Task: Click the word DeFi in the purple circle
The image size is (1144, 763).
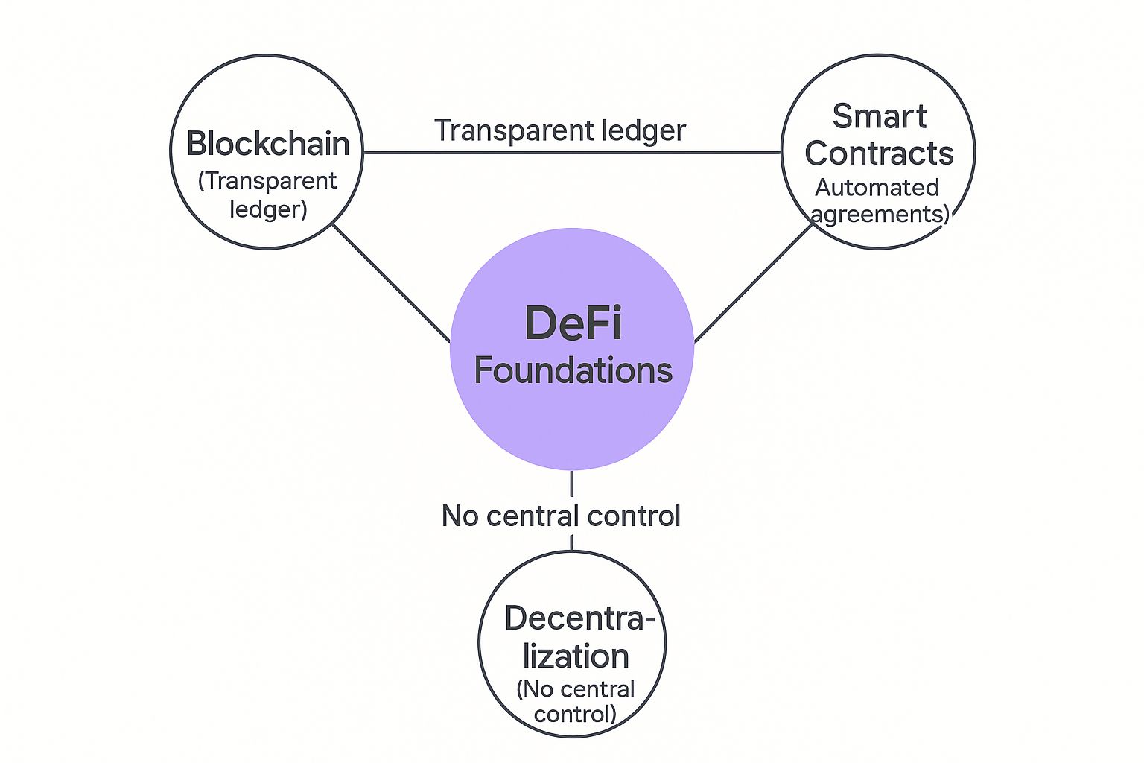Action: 573,323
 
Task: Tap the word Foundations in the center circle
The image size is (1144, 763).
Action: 573,370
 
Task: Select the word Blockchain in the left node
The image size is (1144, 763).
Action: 267,144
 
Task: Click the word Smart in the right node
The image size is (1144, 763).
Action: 879,117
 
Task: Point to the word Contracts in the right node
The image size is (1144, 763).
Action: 879,153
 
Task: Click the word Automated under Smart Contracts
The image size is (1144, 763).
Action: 877,187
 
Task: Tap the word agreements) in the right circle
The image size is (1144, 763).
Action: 880,214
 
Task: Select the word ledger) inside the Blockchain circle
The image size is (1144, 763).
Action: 268,209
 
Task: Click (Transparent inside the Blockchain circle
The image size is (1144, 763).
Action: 267,181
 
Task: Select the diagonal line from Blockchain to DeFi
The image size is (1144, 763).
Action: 391,283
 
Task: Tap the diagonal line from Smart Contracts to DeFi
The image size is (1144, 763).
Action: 752,283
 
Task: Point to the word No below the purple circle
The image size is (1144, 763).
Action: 460,516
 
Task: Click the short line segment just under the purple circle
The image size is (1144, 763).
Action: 571,484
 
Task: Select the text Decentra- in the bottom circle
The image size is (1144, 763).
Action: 579,618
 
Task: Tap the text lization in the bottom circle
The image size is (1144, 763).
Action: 576,656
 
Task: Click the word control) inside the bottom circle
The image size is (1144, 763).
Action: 575,714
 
